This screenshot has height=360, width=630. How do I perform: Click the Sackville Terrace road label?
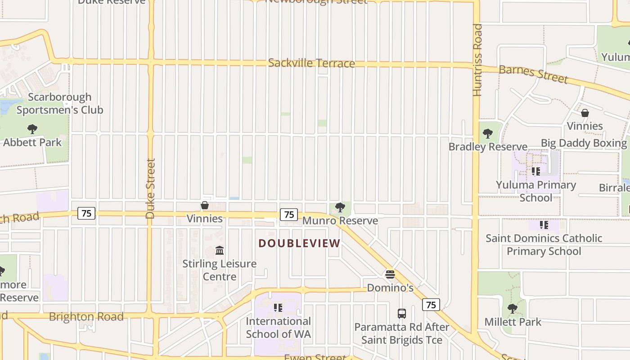click(x=311, y=63)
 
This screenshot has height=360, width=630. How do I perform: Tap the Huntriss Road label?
click(x=477, y=60)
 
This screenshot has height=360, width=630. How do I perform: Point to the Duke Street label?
click(x=150, y=188)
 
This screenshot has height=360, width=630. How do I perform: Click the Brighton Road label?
click(x=86, y=317)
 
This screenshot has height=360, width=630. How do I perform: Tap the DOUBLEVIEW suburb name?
click(x=299, y=243)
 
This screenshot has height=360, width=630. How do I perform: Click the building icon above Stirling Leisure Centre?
click(x=220, y=250)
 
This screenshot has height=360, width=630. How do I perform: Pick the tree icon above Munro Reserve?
click(x=340, y=207)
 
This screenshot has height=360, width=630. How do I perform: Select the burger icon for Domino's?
click(x=390, y=274)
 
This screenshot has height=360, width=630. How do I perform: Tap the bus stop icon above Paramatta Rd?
click(x=402, y=314)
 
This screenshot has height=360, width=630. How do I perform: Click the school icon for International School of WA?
click(x=278, y=308)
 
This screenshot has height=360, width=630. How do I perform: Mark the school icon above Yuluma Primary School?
click(x=535, y=171)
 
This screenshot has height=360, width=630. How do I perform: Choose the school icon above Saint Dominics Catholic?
click(x=544, y=225)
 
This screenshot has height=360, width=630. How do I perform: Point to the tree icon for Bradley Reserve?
click(x=487, y=134)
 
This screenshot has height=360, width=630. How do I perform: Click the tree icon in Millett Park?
click(x=512, y=309)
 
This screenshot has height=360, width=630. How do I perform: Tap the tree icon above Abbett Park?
click(x=32, y=130)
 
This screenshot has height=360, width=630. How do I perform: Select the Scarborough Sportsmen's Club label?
click(x=59, y=103)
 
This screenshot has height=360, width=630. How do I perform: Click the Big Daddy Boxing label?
click(x=584, y=144)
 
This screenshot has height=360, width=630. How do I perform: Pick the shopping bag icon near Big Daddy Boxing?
click(x=585, y=113)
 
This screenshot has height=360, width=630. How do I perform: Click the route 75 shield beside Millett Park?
click(x=431, y=305)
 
